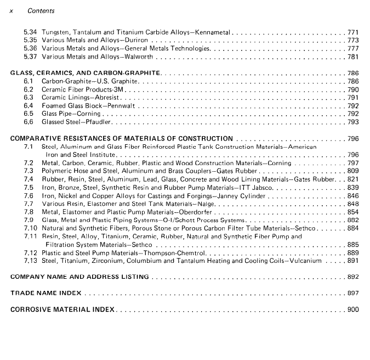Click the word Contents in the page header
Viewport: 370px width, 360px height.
pos(41,11)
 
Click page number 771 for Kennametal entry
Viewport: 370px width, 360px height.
pos(353,32)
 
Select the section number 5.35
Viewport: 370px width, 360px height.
pos(30,41)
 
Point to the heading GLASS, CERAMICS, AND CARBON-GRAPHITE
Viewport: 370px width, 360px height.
pos(86,73)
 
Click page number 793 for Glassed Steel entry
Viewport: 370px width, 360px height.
pos(353,122)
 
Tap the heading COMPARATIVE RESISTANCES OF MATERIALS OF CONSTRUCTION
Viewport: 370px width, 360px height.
pos(122,139)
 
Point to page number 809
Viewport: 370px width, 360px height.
pos(353,171)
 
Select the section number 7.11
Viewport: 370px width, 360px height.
pos(30,237)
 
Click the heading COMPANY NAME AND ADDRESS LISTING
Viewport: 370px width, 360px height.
pos(80,277)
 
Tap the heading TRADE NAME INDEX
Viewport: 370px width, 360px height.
pos(46,294)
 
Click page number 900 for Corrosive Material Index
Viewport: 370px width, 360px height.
pos(353,310)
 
